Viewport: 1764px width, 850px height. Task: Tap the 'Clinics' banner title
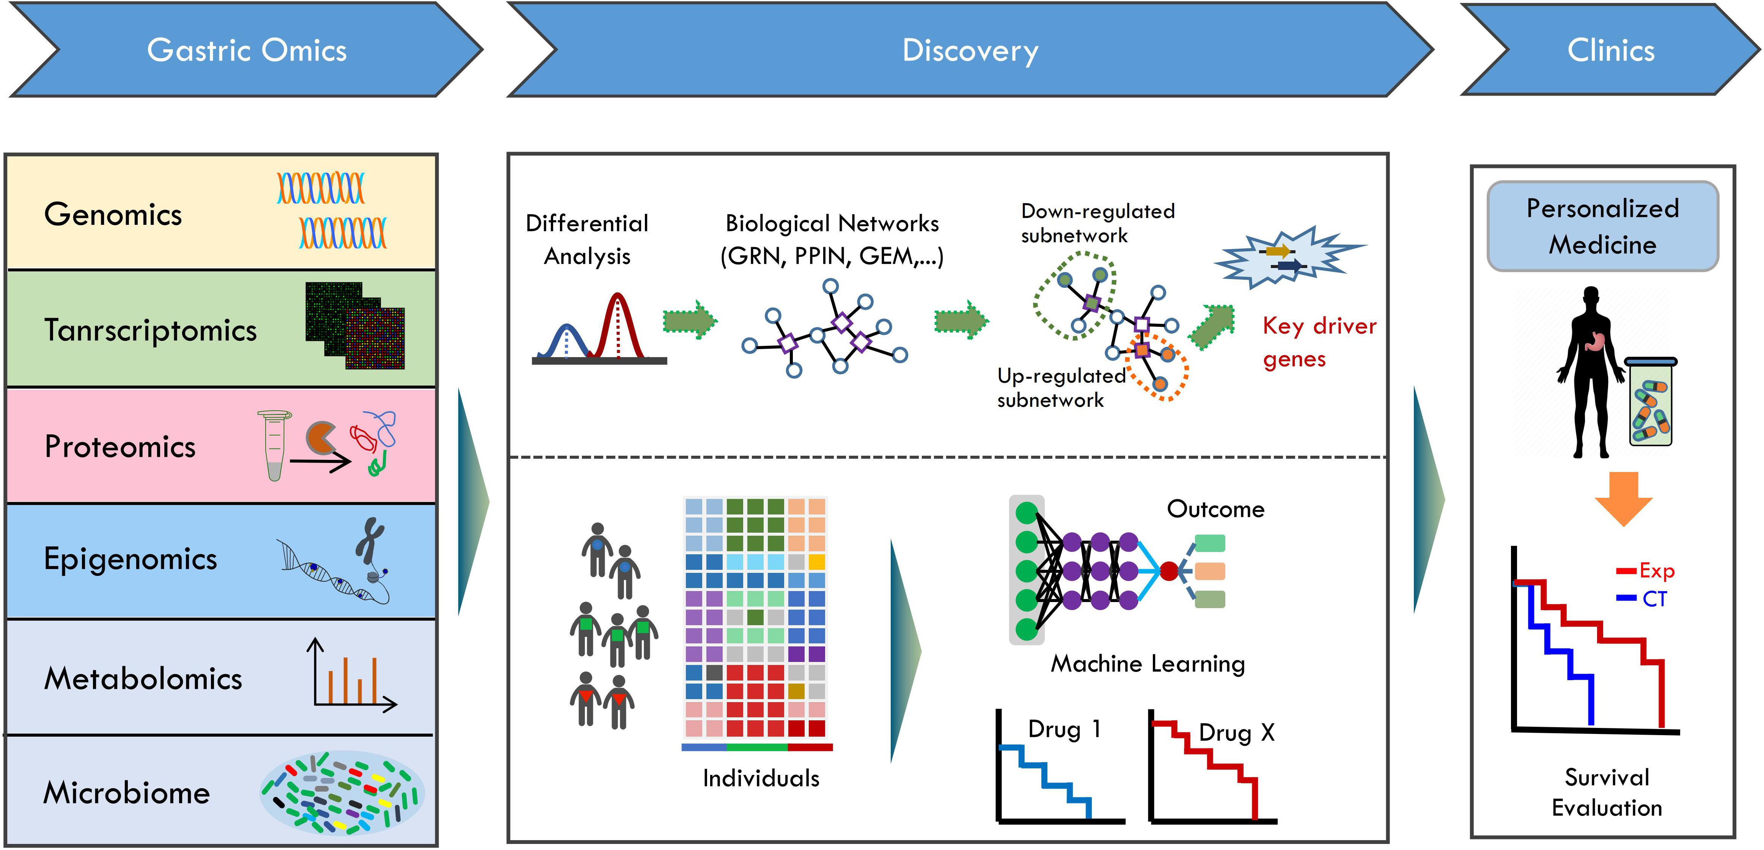point(1611,51)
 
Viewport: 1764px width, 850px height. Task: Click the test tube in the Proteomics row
point(274,445)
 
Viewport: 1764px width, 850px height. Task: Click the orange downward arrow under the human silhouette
point(1623,497)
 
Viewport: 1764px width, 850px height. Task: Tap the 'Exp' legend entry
point(1656,571)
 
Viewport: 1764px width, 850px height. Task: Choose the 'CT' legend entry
point(1654,599)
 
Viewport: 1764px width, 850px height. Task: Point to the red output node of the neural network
point(1169,570)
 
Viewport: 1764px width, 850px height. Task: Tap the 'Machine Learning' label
point(1148,664)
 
